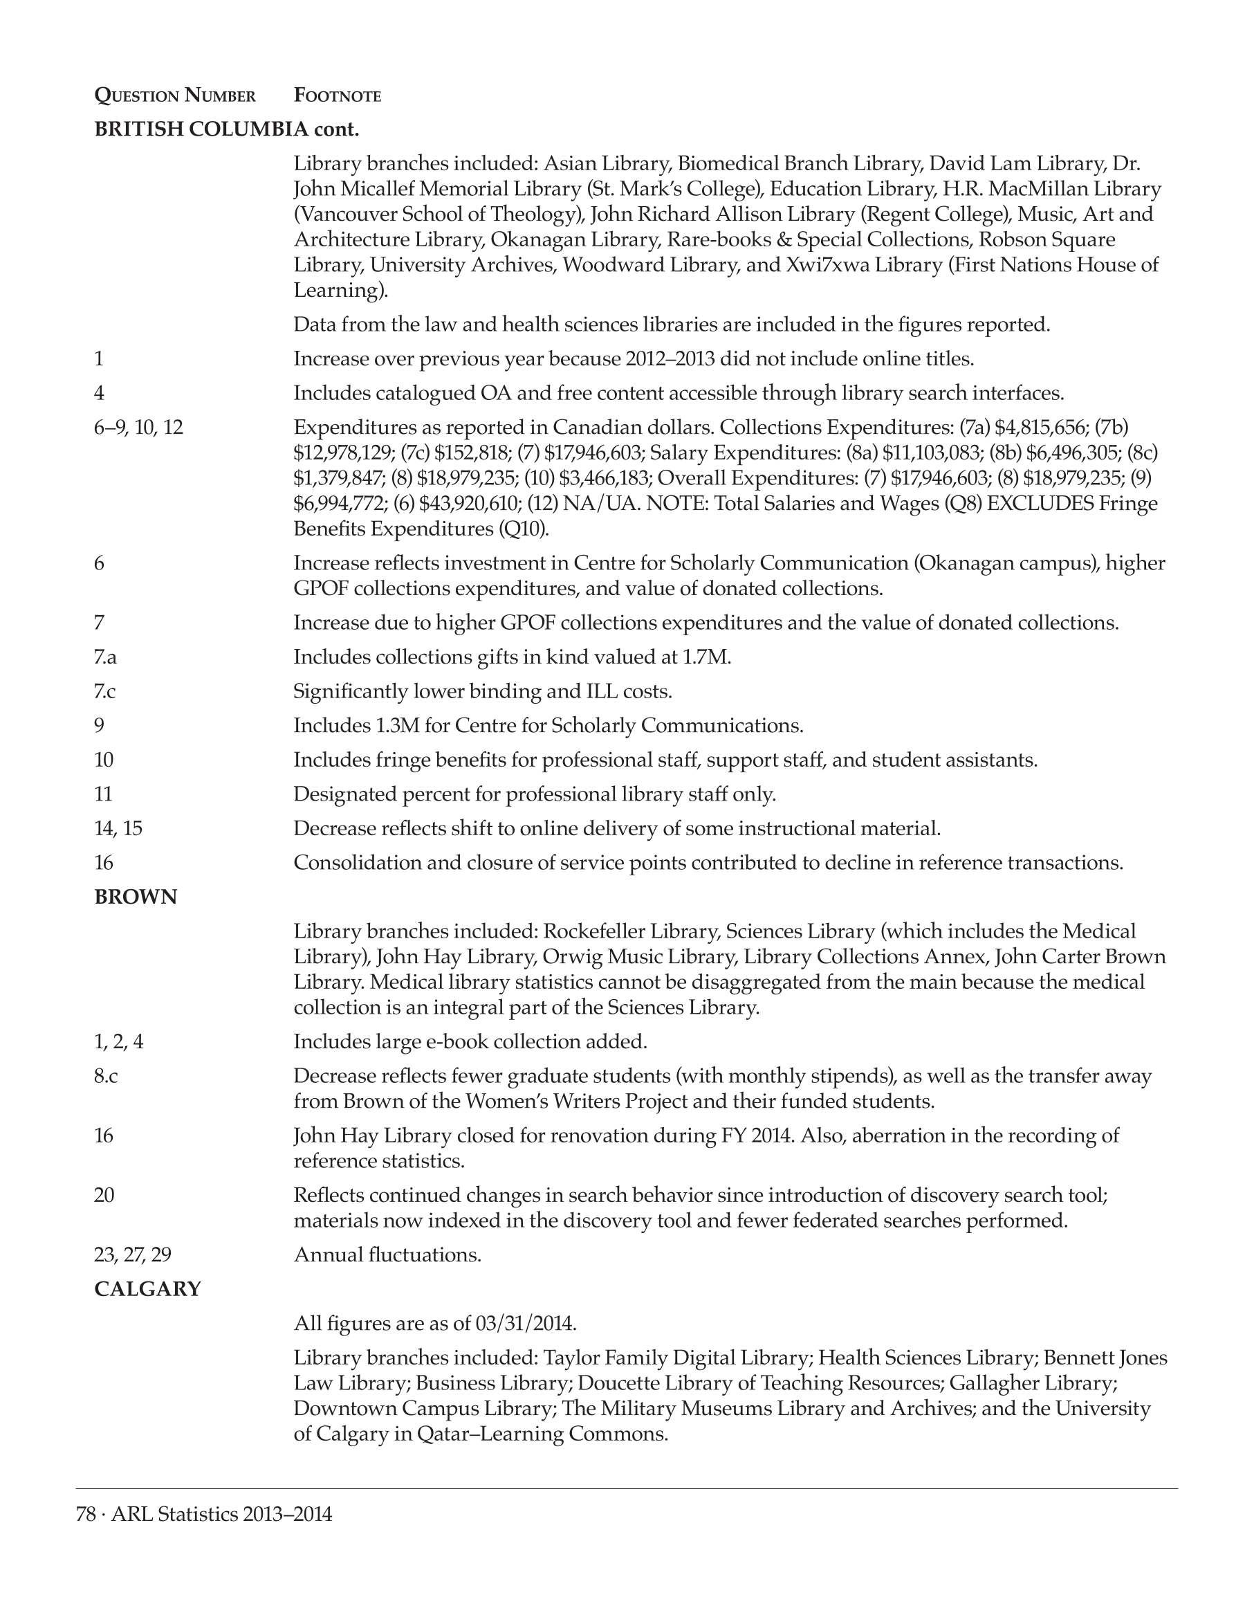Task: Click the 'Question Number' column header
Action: [x=175, y=95]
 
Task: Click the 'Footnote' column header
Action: [x=337, y=95]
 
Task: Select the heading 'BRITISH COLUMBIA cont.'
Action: [x=227, y=129]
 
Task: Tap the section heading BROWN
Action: [x=136, y=897]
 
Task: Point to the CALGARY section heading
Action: [x=147, y=1289]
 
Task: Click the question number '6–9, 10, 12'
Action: [x=139, y=428]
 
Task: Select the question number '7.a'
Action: [x=106, y=657]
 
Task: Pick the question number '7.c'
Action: [x=105, y=691]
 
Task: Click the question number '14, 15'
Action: [x=118, y=829]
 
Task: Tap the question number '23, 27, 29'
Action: [x=133, y=1254]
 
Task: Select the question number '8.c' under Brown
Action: [x=106, y=1076]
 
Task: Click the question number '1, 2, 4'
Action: [x=119, y=1041]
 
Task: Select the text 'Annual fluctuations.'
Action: [x=387, y=1254]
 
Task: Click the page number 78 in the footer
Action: [x=86, y=1514]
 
